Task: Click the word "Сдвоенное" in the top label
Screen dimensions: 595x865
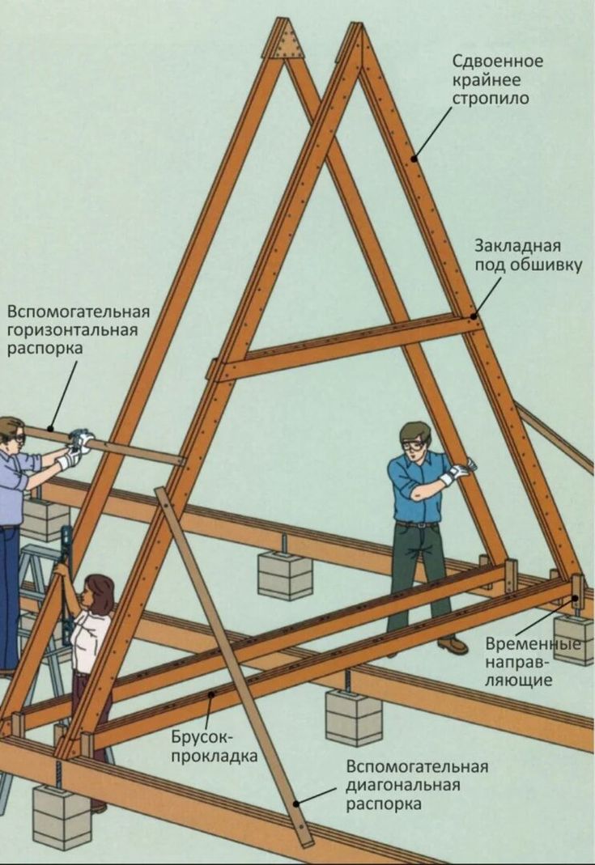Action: pyautogui.click(x=497, y=61)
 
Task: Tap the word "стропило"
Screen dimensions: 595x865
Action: pyautogui.click(x=491, y=99)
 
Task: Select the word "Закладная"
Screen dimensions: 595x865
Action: pyautogui.click(x=518, y=246)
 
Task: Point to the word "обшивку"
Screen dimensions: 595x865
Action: pyautogui.click(x=546, y=265)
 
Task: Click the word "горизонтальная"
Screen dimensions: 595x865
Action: pyautogui.click(x=72, y=330)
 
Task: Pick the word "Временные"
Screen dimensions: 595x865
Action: pyautogui.click(x=533, y=643)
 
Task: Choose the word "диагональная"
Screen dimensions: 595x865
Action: pyautogui.click(x=403, y=785)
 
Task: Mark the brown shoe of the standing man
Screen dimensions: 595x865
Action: pyautogui.click(x=453, y=644)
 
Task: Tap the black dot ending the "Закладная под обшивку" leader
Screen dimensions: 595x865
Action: pyautogui.click(x=473, y=316)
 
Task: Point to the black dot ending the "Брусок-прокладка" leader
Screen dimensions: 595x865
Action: pyautogui.click(x=210, y=696)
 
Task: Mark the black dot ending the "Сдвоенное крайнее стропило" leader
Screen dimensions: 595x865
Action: pyautogui.click(x=414, y=159)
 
